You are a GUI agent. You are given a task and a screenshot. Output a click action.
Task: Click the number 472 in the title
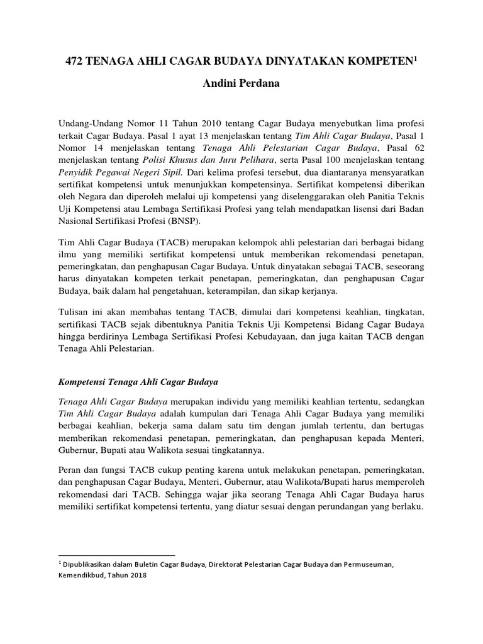click(76, 62)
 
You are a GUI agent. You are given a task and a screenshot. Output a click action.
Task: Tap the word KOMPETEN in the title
click(384, 62)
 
